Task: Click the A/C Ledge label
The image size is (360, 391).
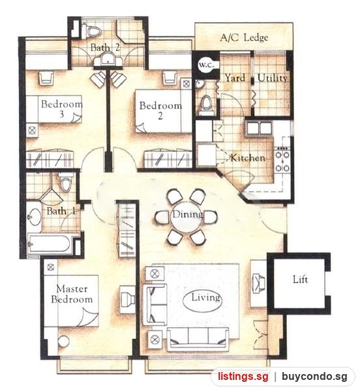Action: (245, 38)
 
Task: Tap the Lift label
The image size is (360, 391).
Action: (300, 280)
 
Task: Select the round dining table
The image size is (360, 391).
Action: (187, 216)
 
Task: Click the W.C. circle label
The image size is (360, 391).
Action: (206, 65)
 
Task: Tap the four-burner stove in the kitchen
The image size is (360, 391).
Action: (282, 160)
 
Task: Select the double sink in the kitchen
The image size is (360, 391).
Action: (259, 128)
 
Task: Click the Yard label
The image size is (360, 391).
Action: (235, 78)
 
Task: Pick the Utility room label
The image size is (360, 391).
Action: (272, 78)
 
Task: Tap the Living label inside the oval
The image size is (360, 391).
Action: (205, 297)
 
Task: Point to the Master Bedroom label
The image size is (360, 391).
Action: (72, 294)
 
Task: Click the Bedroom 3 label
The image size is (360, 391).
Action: (61, 108)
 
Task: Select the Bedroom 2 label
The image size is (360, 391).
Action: (160, 110)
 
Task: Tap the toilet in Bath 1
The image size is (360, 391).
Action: (67, 182)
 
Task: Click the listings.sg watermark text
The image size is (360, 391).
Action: (243, 376)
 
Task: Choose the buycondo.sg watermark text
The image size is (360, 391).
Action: (314, 376)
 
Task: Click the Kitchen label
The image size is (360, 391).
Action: (247, 158)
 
